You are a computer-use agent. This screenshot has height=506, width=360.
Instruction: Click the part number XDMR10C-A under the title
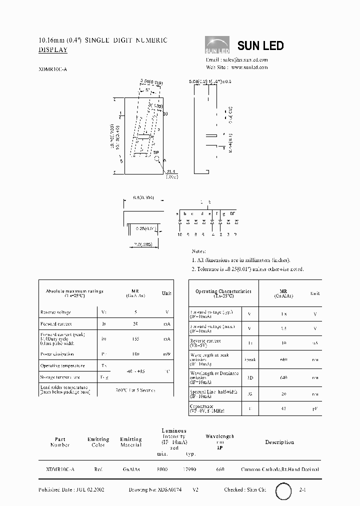point(52,70)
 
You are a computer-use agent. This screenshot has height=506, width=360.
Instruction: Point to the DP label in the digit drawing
point(155,152)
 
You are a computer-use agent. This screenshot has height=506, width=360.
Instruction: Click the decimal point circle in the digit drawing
point(158,160)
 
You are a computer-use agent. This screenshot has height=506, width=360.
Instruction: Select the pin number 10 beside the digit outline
point(165,114)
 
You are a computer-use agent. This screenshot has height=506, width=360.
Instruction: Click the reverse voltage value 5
point(135,312)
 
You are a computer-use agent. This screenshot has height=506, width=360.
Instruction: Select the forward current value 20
point(135,324)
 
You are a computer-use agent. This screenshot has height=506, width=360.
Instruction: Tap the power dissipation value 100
point(135,353)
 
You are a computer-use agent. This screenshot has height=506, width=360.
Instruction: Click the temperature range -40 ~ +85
point(135,371)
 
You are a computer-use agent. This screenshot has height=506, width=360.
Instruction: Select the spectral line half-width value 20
point(284,393)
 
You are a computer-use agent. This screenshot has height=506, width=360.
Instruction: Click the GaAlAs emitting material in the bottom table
point(131,469)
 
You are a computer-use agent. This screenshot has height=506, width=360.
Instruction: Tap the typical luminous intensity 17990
point(188,469)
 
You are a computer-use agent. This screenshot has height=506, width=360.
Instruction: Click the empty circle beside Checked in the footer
point(284,491)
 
